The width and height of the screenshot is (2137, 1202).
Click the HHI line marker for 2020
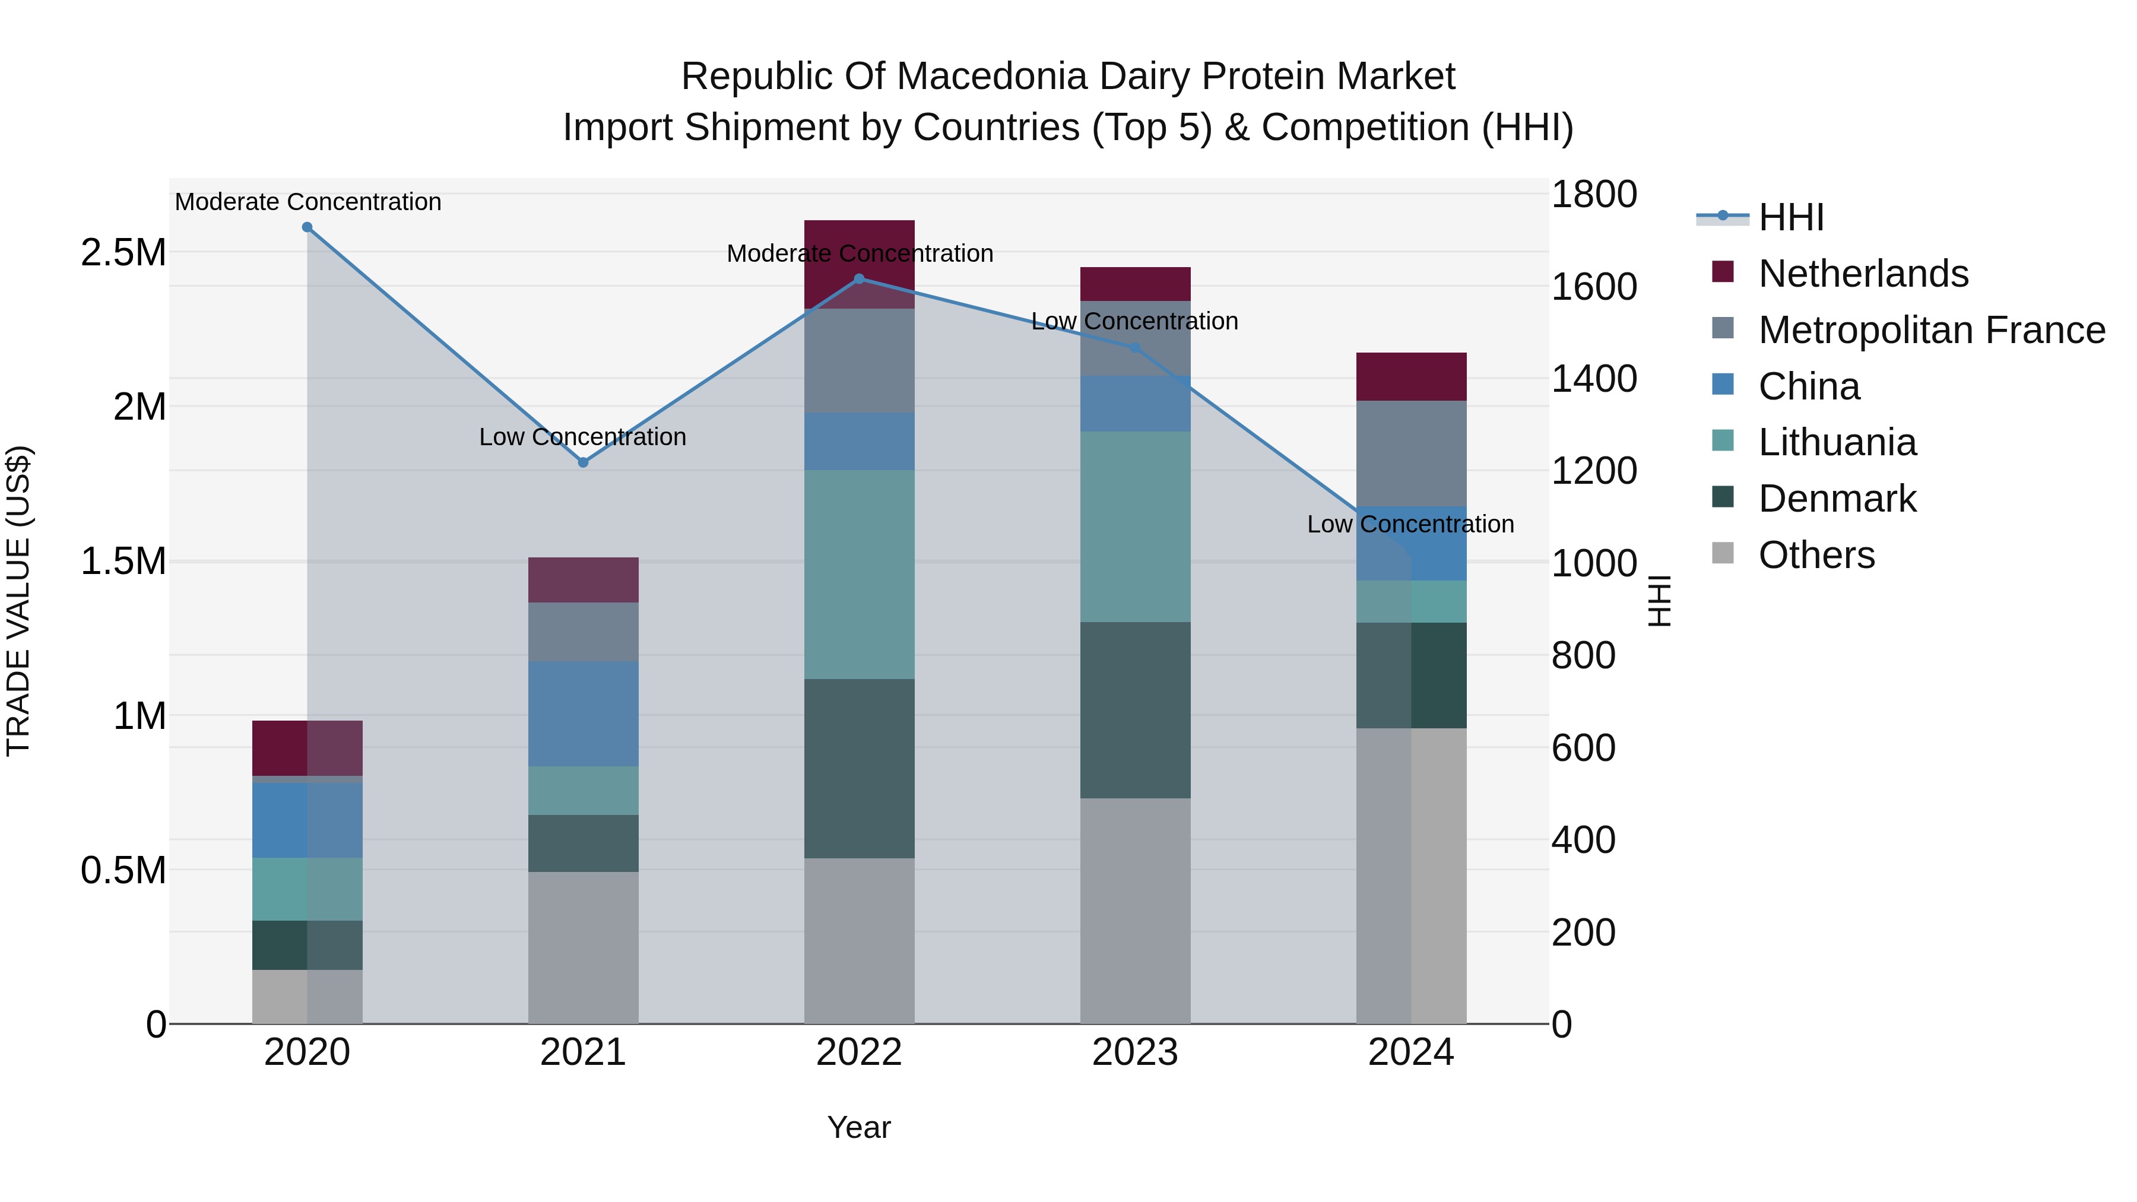pos(307,227)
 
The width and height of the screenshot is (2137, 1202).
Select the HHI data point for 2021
pos(583,462)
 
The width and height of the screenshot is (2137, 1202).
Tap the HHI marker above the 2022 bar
pos(860,280)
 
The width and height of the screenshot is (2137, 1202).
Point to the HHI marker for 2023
pos(1136,348)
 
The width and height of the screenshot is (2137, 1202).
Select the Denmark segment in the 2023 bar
pos(1135,709)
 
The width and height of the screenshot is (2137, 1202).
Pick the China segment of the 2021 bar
pos(583,713)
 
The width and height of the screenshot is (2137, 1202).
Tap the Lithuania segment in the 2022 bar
pos(860,574)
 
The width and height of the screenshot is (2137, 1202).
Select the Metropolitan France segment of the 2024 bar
pos(1411,453)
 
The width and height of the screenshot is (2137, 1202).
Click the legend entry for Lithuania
pos(1837,443)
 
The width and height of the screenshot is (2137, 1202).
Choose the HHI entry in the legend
pos(1790,217)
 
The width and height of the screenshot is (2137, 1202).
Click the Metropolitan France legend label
pos(1931,330)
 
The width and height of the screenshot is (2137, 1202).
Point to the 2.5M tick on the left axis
pos(123,252)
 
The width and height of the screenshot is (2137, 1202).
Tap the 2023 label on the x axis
pos(1135,1052)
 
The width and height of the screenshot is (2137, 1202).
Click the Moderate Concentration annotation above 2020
pos(307,202)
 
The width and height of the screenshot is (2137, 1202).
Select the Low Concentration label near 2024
pos(1410,524)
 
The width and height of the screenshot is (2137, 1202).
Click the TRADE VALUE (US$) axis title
pos(18,601)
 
